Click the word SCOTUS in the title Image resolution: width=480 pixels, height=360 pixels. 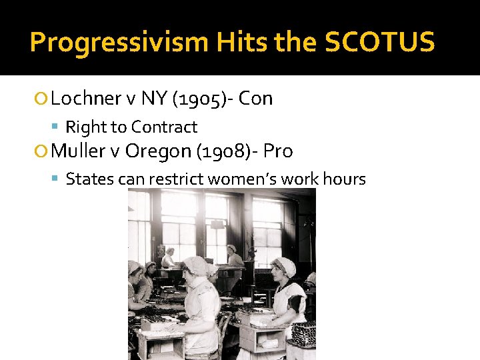coord(379,42)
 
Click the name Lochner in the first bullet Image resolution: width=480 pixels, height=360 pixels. coord(86,99)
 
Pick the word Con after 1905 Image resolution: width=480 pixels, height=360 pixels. coord(256,99)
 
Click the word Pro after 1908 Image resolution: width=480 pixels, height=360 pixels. coord(278,151)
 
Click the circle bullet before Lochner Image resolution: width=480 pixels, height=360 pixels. coord(44,99)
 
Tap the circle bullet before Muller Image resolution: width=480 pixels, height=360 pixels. coord(44,152)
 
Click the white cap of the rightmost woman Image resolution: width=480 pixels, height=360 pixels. coord(285,266)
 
